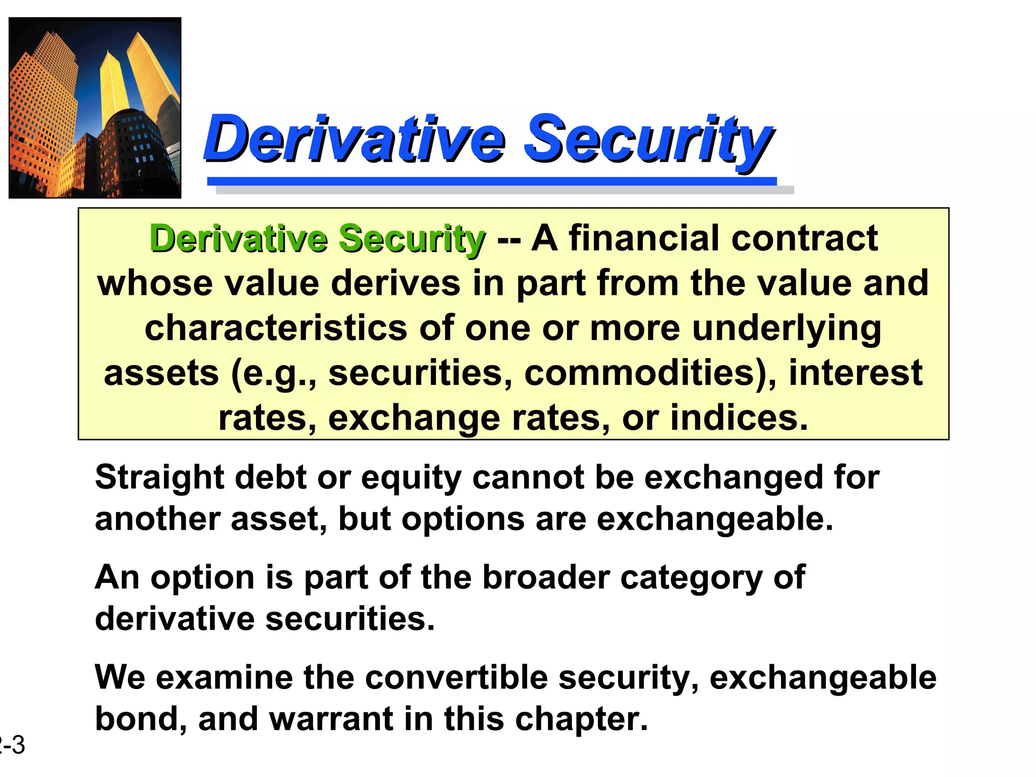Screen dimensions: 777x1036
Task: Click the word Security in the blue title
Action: pyautogui.click(x=647, y=138)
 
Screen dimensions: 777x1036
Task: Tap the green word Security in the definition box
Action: pyautogui.click(x=411, y=239)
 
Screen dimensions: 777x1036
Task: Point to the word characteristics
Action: pyautogui.click(x=276, y=328)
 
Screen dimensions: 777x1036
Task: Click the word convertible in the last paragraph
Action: pyautogui.click(x=456, y=677)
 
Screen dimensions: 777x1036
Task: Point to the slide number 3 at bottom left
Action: pyautogui.click(x=18, y=746)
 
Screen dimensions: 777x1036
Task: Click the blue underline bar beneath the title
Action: pyautogui.click(x=491, y=181)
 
